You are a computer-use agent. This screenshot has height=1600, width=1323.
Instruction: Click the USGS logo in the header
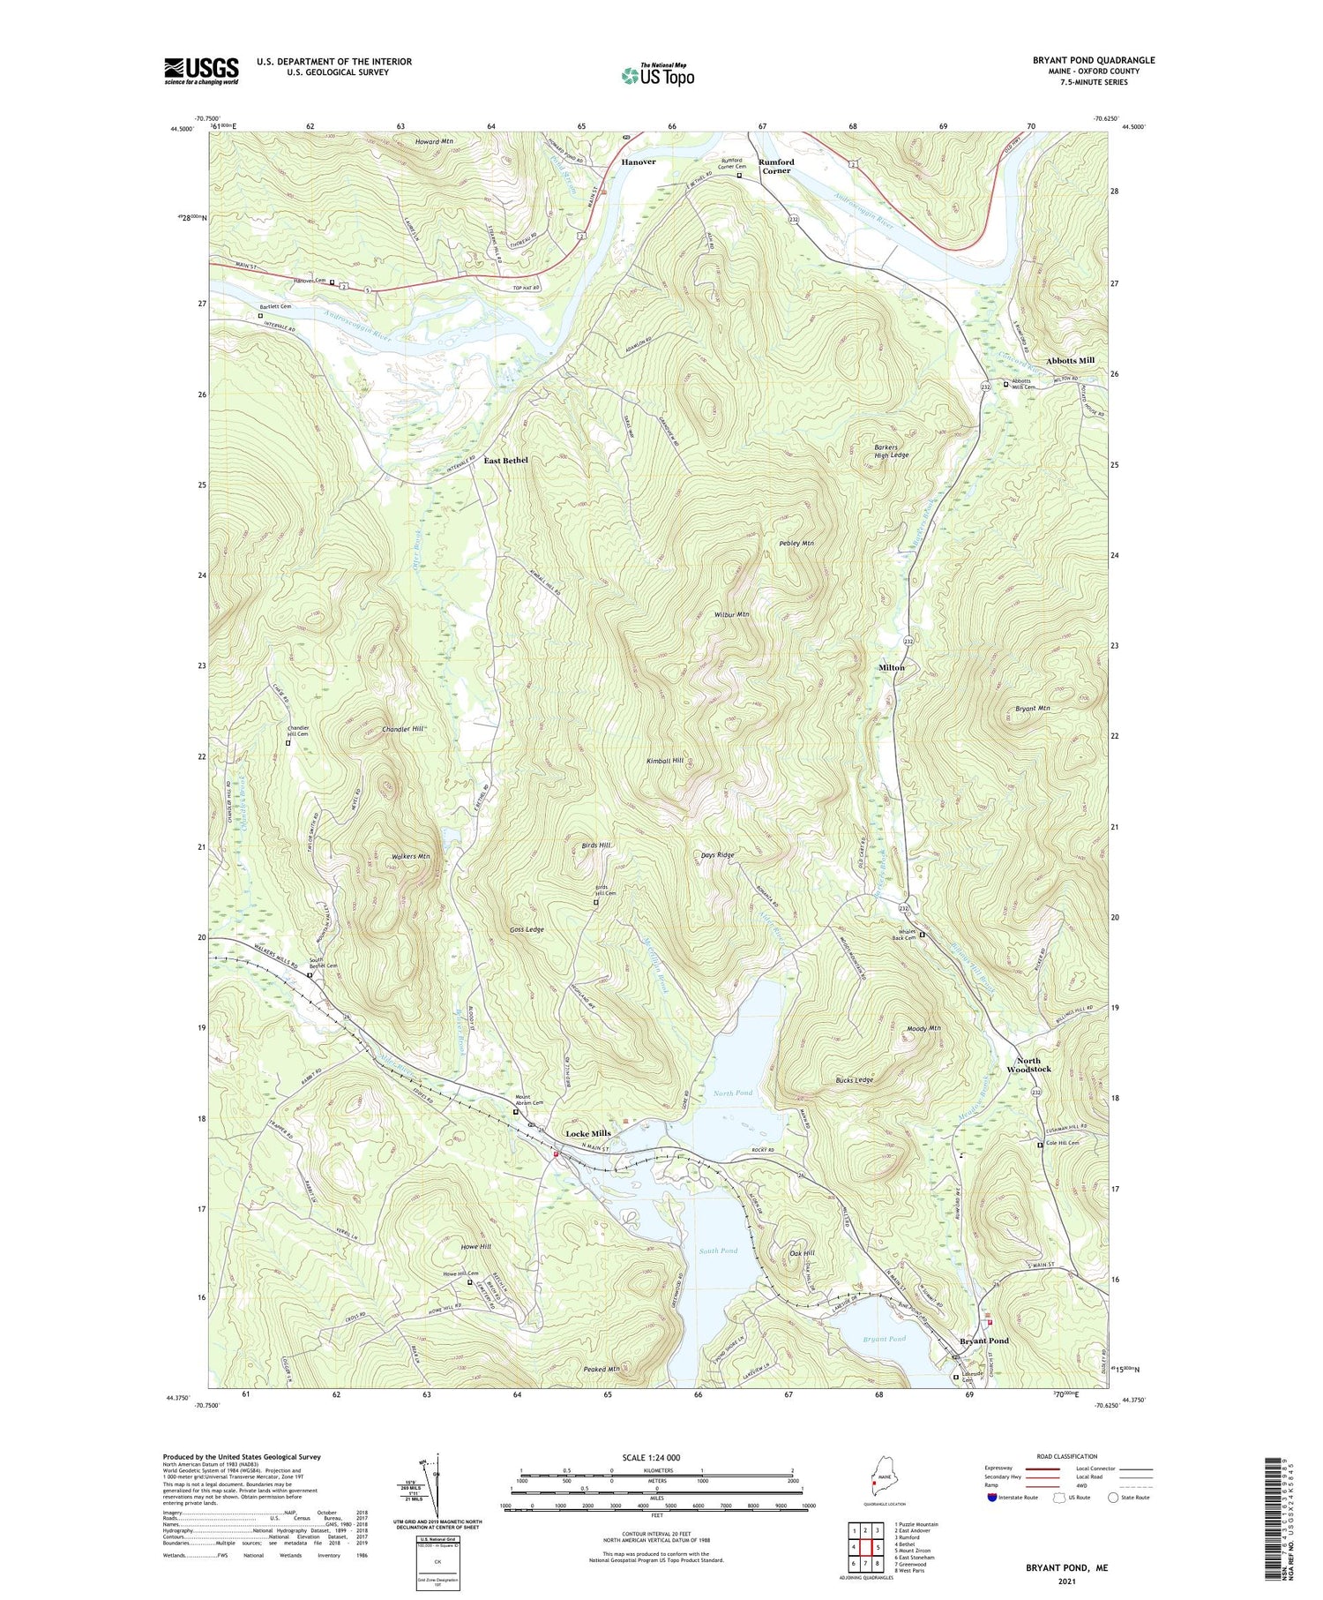click(x=201, y=71)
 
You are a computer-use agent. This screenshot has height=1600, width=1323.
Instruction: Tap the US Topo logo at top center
click(x=658, y=74)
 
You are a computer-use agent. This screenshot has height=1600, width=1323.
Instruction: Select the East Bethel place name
click(x=505, y=461)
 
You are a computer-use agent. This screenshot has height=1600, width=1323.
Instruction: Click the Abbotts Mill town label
click(x=1070, y=360)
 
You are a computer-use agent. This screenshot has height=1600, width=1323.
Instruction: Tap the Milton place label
click(x=891, y=667)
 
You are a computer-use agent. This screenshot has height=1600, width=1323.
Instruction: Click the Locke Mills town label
click(x=587, y=1133)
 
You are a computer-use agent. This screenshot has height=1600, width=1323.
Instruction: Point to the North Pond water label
click(x=732, y=1093)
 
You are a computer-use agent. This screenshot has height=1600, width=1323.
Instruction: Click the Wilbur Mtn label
click(x=731, y=614)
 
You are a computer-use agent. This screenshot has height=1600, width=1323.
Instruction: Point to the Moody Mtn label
click(x=923, y=1028)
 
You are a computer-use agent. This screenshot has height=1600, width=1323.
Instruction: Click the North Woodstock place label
click(x=1028, y=1064)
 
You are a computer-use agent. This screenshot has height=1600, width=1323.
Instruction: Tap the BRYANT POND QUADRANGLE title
click(x=1094, y=60)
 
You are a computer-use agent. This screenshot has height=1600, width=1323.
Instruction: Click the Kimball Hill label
click(x=664, y=760)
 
